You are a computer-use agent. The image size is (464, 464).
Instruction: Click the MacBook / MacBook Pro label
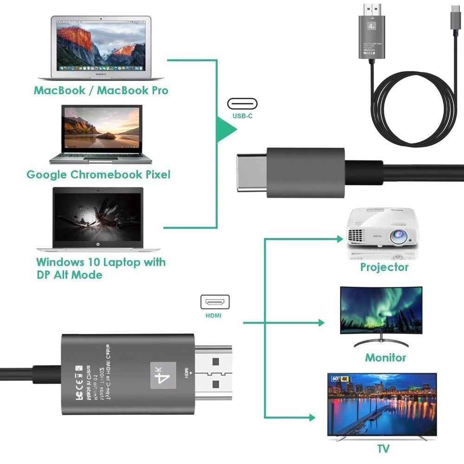(101, 90)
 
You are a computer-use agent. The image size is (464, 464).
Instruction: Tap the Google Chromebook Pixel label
(98, 174)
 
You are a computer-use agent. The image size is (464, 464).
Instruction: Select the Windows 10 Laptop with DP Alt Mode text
(101, 268)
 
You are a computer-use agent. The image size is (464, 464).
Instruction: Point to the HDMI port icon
(215, 302)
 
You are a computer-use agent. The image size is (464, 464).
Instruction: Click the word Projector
(384, 267)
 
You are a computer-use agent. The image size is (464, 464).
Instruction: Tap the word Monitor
(385, 357)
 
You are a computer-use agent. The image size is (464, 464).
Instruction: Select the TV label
(383, 448)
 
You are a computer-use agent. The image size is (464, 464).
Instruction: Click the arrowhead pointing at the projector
(339, 239)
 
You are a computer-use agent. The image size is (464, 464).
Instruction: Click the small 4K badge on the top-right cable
(372, 26)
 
